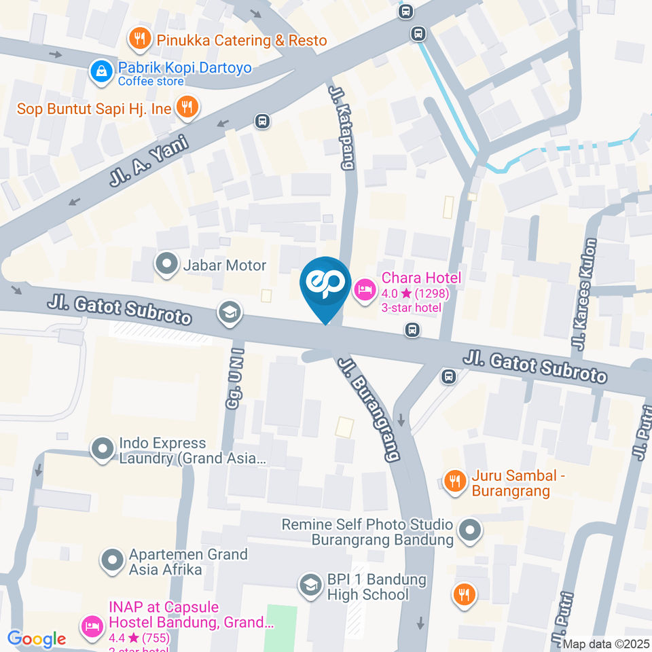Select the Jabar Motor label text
225,265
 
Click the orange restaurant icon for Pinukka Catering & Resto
140,39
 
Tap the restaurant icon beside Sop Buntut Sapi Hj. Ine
186,106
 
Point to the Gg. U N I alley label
234,383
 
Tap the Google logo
37,638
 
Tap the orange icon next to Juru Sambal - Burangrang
454,481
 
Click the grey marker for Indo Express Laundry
103,448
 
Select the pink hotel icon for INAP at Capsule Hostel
92,623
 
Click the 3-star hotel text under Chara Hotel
412,308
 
